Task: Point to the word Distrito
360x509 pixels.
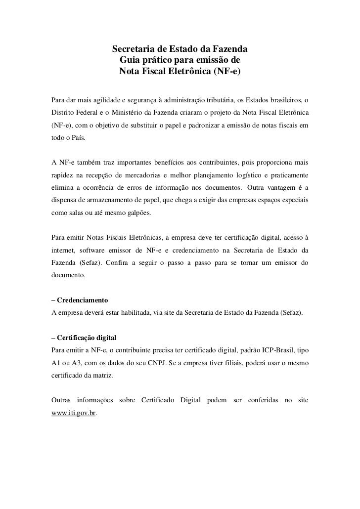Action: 63,109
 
